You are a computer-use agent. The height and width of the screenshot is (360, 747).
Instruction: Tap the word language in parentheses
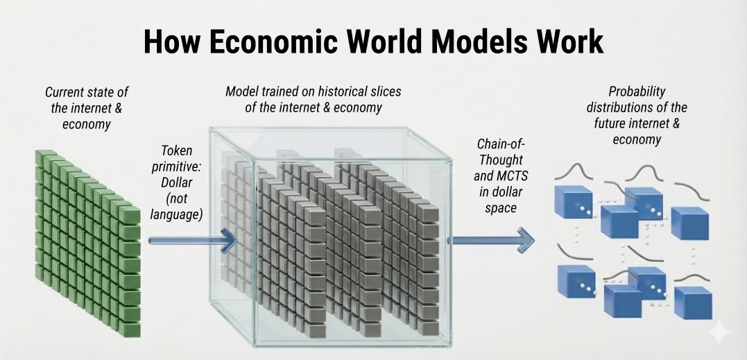tap(175, 215)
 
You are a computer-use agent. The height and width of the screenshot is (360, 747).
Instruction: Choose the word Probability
tap(636, 92)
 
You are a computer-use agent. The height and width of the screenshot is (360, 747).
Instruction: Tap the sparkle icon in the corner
tap(720, 334)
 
